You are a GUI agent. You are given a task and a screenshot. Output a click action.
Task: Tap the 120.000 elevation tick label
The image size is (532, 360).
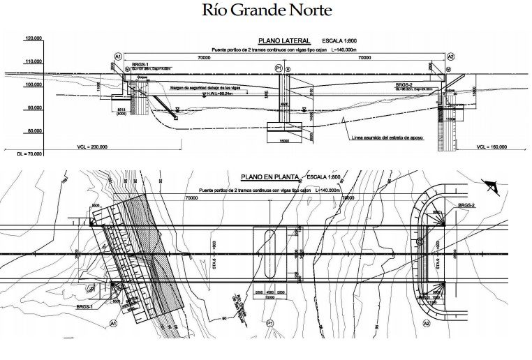pyautogui.click(x=33, y=39)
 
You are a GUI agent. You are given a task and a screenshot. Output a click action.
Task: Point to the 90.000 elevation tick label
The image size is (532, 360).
pyautogui.click(x=33, y=107)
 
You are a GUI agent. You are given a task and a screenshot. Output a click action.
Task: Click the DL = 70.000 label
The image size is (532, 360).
pyautogui.click(x=20, y=153)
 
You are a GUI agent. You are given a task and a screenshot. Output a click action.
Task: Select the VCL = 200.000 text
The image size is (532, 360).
pyautogui.click(x=93, y=148)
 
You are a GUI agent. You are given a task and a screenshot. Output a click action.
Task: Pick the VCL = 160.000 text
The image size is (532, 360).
pyautogui.click(x=491, y=148)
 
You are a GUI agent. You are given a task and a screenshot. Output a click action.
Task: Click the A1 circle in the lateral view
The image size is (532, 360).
pyautogui.click(x=118, y=57)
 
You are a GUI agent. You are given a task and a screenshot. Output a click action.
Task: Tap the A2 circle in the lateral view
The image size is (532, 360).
pyautogui.click(x=450, y=57)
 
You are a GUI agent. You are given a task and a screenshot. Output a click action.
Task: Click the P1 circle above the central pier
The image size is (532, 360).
pyautogui.click(x=279, y=68)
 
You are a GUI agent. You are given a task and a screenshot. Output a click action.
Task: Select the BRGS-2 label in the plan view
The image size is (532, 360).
pyautogui.click(x=466, y=206)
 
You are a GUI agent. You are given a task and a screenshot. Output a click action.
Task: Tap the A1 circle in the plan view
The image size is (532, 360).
pyautogui.click(x=112, y=323)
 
